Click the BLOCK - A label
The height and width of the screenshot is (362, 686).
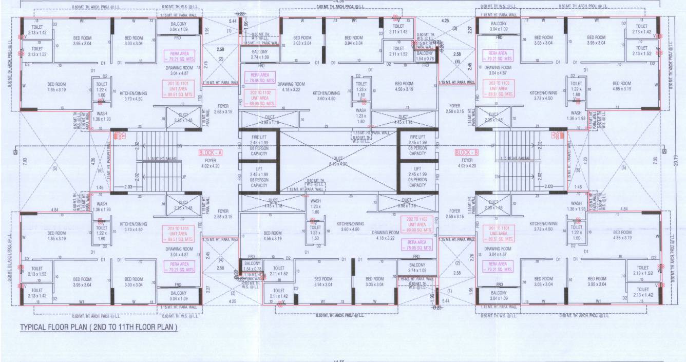pos(211,153)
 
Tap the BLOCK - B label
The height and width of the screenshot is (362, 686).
pos(467,153)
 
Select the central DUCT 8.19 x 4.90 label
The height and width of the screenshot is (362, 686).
pos(338,161)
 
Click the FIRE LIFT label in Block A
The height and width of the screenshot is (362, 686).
pos(259,137)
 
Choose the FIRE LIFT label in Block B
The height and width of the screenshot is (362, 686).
pos(417,137)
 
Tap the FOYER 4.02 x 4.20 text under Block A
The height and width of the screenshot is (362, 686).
pos(211,163)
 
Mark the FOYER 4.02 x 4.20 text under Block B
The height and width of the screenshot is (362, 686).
pos(467,163)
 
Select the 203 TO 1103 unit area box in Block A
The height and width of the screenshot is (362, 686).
pos(179,234)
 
